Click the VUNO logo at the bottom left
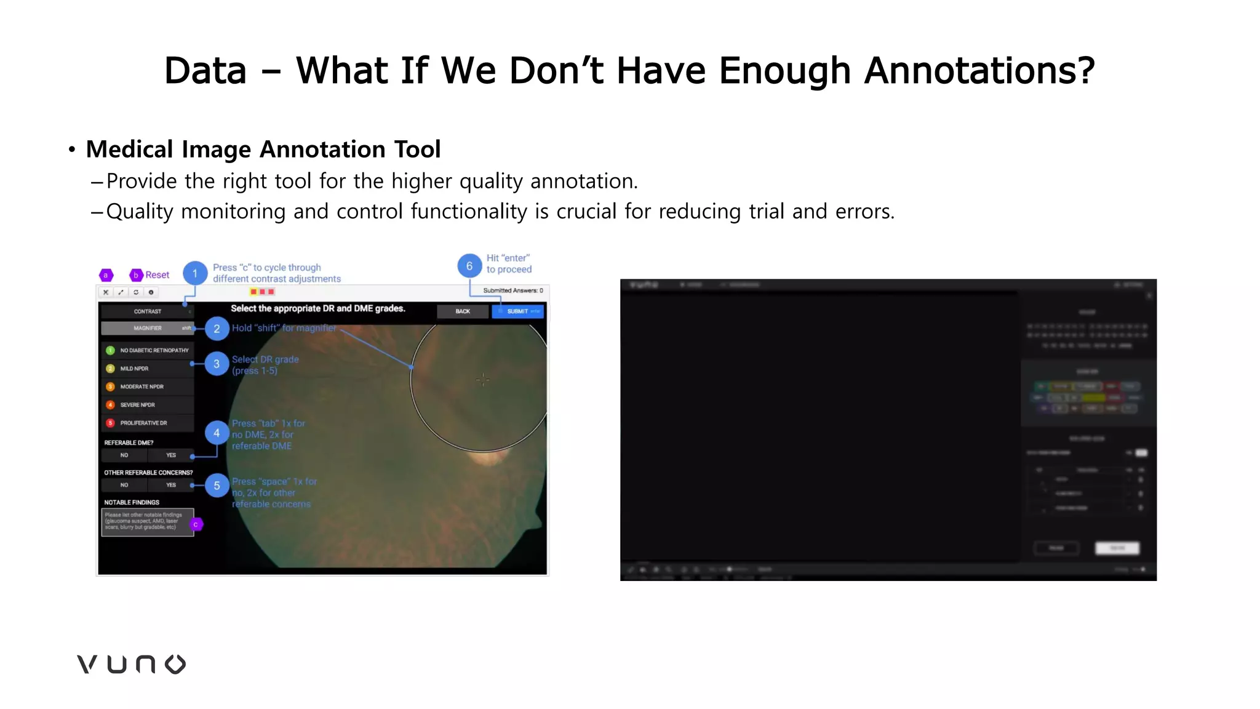click(131, 664)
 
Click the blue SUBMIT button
click(517, 311)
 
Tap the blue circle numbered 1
click(195, 273)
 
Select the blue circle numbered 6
click(469, 266)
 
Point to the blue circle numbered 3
click(217, 364)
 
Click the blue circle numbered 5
click(217, 486)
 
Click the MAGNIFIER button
click(148, 328)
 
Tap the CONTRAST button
click(148, 311)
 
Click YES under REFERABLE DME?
click(171, 455)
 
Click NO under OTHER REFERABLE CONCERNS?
click(124, 485)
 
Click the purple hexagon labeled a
click(106, 275)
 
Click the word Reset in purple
click(157, 275)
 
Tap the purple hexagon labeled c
click(196, 524)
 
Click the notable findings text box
click(146, 522)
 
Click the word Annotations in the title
click(979, 71)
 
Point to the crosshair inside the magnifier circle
click(483, 379)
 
